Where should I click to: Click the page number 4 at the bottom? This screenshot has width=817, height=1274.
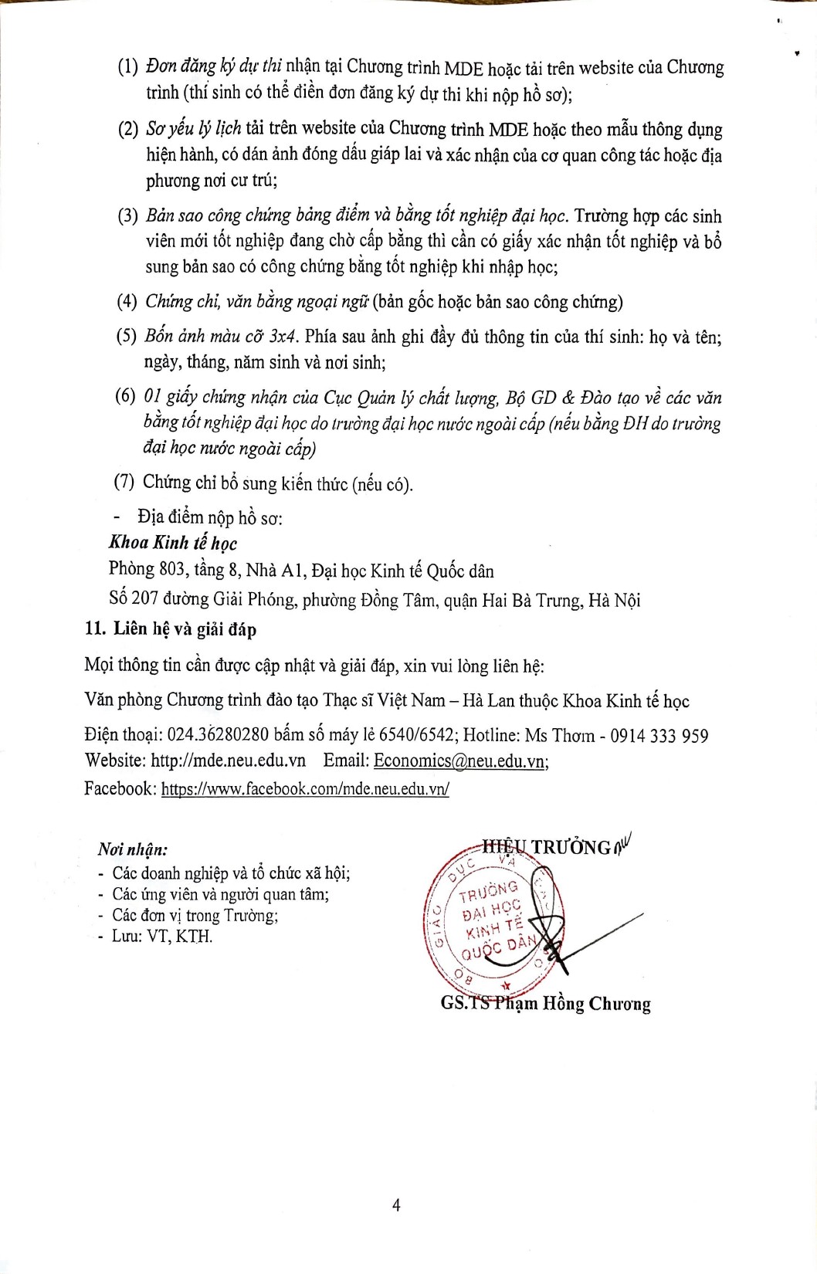point(396,1205)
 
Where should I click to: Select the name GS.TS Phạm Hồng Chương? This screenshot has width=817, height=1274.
point(545,1004)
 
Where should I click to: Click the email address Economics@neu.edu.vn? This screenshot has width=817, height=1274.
point(460,761)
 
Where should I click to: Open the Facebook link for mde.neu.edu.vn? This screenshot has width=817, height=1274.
point(305,788)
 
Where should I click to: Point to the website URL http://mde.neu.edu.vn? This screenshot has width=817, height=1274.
point(228,761)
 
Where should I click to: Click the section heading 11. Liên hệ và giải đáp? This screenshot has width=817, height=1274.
point(171,629)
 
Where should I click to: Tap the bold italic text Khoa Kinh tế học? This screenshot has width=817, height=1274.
point(173,543)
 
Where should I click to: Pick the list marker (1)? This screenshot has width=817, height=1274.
point(127,67)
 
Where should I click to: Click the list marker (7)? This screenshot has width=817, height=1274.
point(124,483)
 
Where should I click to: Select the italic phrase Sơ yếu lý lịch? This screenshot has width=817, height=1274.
point(193,128)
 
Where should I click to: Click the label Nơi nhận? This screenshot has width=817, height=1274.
point(133,849)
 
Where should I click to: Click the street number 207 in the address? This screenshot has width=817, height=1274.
point(144,599)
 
